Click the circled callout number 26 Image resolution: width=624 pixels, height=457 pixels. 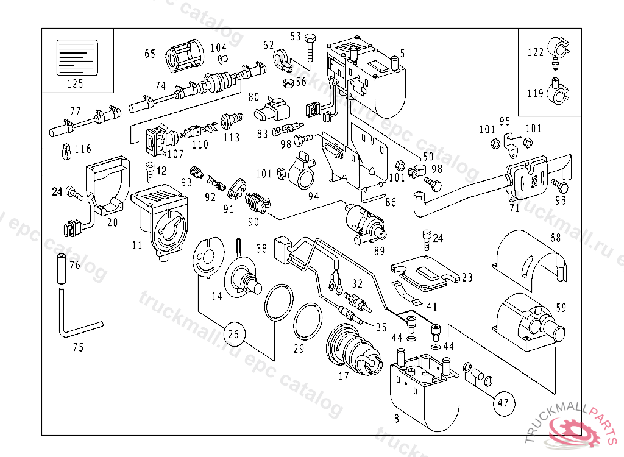click(x=233, y=334)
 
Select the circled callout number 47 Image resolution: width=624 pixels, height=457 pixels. click(x=503, y=402)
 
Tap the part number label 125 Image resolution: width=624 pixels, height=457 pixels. click(x=75, y=83)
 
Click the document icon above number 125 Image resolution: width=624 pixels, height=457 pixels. click(x=77, y=57)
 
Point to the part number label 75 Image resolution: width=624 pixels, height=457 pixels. click(x=77, y=348)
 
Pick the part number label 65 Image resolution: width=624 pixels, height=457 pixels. click(x=150, y=54)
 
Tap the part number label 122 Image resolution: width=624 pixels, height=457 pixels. click(x=535, y=52)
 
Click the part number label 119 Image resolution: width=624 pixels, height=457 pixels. click(x=535, y=93)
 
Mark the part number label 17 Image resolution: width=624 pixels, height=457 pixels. click(x=344, y=376)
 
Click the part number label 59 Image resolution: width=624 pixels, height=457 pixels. click(x=561, y=308)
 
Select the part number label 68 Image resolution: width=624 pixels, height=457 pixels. click(x=555, y=237)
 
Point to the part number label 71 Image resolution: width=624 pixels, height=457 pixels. click(x=514, y=209)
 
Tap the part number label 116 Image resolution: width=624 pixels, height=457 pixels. click(x=83, y=149)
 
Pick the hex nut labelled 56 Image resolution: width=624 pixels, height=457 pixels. click(x=286, y=81)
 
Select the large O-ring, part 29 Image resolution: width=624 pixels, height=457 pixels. click(x=307, y=323)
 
